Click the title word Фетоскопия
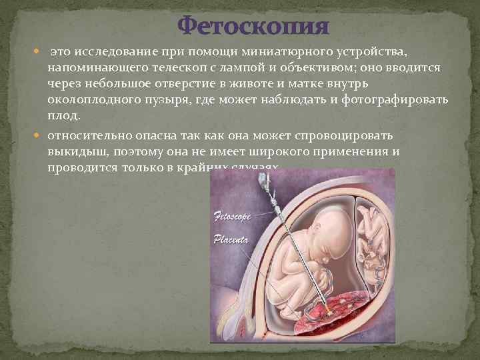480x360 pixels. click(x=253, y=26)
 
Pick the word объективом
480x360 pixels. click(x=323, y=69)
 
